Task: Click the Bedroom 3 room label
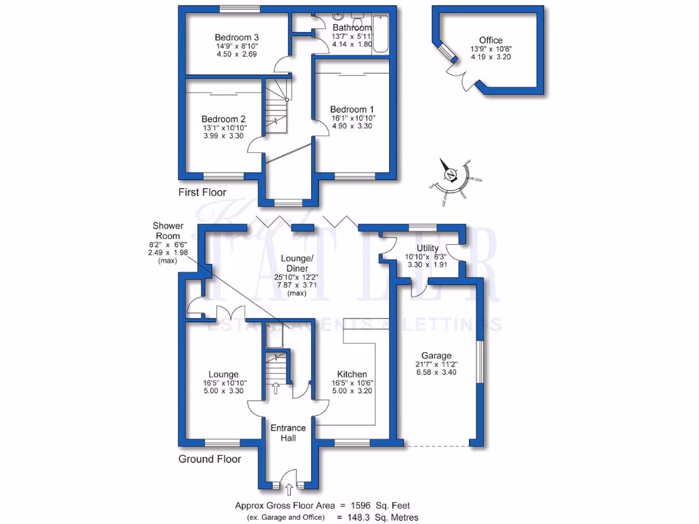pos(231,37)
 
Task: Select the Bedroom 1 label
pos(352,109)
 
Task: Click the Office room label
pos(491,40)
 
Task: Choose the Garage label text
pos(436,355)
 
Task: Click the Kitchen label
pos(352,375)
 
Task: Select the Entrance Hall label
pos(288,433)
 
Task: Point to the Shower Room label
pos(167,231)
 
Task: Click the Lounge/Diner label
pos(298,263)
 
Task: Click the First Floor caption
pos(202,192)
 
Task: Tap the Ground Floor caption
pos(210,459)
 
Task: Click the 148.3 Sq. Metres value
pos(378,518)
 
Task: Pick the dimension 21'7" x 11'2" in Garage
pos(436,365)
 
